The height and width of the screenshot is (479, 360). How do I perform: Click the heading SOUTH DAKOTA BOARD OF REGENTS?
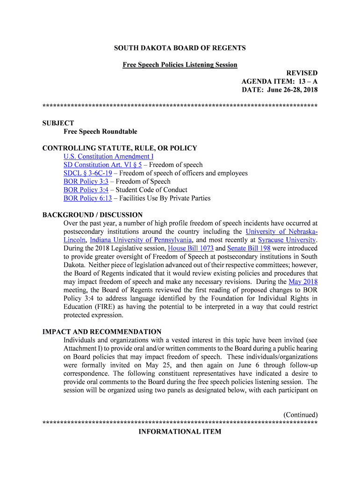(180, 48)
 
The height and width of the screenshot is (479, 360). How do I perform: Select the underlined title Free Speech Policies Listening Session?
(180, 65)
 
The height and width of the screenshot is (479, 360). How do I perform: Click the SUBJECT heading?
(58, 123)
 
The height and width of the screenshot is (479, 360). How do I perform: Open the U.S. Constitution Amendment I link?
(108, 156)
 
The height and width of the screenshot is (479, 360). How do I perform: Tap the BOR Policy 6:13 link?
(88, 198)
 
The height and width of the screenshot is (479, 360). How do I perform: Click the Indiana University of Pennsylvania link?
(141, 240)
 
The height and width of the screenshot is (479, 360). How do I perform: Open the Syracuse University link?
(287, 240)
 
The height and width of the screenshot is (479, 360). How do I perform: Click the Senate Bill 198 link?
(249, 248)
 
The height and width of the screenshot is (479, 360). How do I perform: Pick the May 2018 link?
(303, 282)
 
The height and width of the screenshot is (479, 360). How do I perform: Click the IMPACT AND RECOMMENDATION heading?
(102, 332)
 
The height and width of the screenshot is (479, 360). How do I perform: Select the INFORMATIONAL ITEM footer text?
(180, 432)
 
